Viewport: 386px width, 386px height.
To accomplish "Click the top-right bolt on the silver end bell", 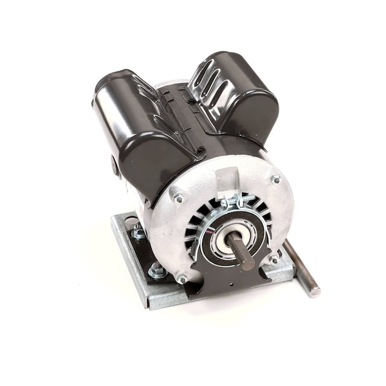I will (x=276, y=179).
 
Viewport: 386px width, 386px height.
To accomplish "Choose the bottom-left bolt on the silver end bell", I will (x=182, y=279).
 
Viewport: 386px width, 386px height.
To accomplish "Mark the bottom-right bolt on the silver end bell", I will (x=273, y=259).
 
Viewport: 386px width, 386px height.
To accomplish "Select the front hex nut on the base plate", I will (x=157, y=270).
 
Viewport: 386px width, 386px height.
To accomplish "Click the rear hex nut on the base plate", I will (x=138, y=232).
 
